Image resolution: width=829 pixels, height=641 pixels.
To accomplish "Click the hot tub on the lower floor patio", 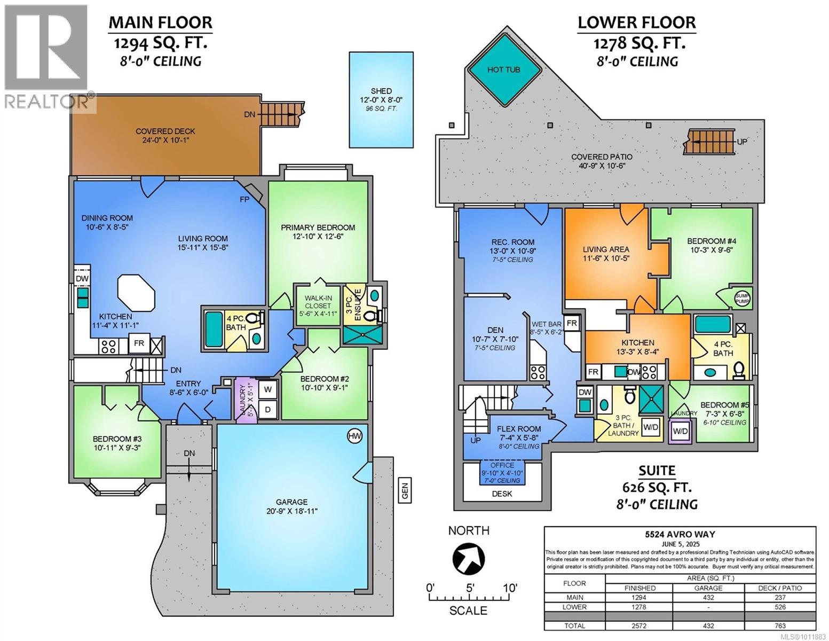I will [503, 70].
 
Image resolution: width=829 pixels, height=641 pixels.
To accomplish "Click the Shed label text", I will [381, 91].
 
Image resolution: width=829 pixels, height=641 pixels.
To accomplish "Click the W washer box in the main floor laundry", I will [268, 389].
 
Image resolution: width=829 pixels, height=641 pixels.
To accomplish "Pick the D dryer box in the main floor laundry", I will [268, 410].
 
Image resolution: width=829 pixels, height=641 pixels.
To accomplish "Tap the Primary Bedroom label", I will [318, 228].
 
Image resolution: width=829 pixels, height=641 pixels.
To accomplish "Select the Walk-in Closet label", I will [318, 306].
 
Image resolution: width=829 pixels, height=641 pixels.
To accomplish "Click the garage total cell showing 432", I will [708, 625].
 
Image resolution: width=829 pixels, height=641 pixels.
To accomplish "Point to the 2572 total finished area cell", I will [639, 625].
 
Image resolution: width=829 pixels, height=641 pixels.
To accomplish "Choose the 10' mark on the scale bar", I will [509, 588].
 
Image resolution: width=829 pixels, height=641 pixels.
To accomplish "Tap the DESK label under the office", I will [501, 494].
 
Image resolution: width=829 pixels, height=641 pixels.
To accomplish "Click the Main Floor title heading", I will [160, 22].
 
